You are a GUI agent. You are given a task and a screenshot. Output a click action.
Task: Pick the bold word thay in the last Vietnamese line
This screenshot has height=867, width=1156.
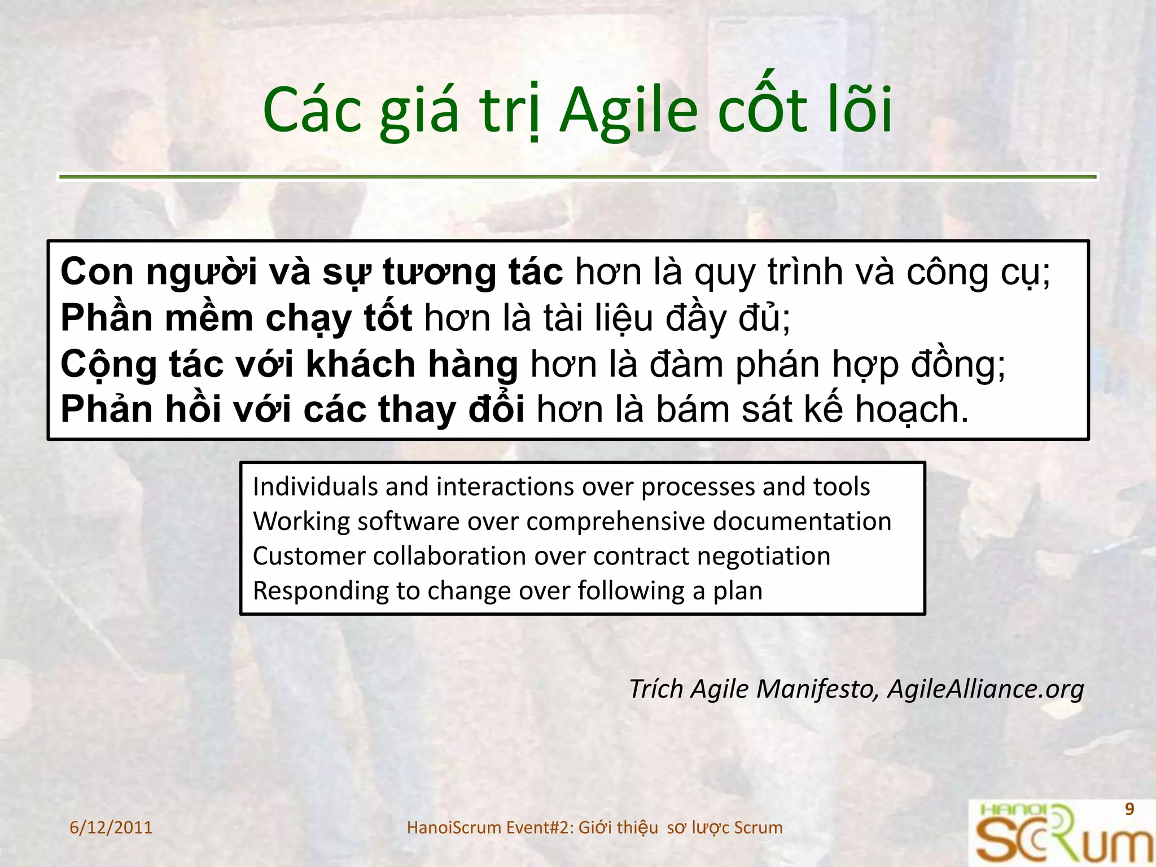click(x=417, y=409)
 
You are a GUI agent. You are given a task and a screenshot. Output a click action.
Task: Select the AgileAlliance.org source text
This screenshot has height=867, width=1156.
click(x=986, y=689)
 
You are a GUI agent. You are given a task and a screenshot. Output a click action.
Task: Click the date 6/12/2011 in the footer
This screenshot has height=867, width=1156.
click(x=111, y=827)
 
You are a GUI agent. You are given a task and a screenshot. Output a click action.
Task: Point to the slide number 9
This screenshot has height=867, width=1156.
click(x=1129, y=809)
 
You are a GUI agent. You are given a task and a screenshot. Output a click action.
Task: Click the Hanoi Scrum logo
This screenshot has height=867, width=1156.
click(x=1061, y=834)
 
